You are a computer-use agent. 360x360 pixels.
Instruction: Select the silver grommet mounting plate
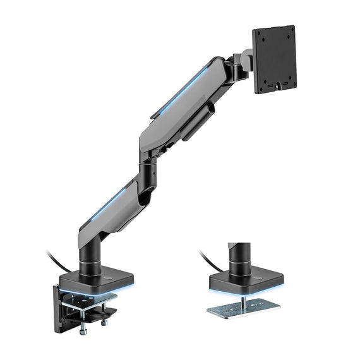pos(244,308)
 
